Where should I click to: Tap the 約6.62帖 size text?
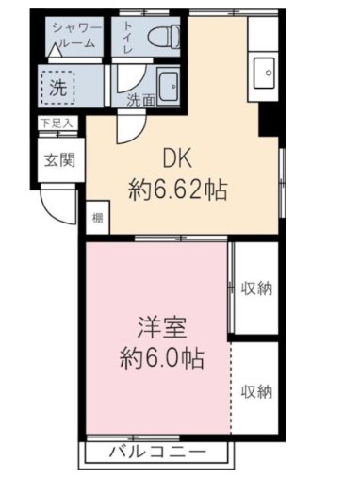(176, 190)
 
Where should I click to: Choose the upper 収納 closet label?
(255, 288)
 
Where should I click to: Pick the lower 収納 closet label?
(255, 390)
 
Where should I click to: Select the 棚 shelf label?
(98, 219)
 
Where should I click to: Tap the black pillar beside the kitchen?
(266, 119)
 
